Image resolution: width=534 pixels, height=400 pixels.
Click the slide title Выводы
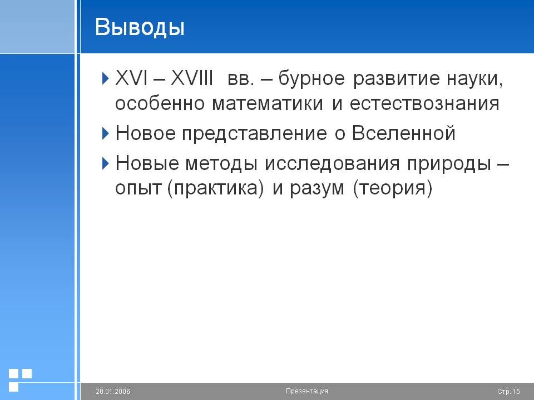(x=140, y=27)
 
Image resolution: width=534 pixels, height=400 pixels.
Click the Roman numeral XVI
(x=131, y=78)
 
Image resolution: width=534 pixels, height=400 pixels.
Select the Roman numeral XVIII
(x=192, y=78)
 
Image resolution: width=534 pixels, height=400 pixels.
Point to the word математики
(x=268, y=103)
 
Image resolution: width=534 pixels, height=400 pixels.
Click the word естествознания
(x=424, y=103)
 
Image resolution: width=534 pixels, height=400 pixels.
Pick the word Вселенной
(x=404, y=133)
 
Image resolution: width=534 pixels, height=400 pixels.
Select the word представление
(x=254, y=134)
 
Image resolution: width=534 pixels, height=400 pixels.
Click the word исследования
(x=332, y=163)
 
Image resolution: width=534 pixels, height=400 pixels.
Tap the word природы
(x=449, y=164)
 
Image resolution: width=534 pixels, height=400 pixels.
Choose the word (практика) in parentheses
(x=216, y=188)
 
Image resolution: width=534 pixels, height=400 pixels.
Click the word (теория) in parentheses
(x=393, y=188)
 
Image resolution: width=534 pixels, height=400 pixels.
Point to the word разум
(x=317, y=189)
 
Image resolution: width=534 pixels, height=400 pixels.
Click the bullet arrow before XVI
(x=106, y=78)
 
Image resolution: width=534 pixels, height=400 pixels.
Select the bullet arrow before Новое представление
(x=106, y=133)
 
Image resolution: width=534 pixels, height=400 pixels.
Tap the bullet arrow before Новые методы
(x=106, y=163)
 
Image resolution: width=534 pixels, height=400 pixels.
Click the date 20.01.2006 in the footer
(x=113, y=392)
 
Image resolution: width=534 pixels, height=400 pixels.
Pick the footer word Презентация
(x=307, y=391)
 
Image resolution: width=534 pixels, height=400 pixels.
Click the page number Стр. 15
(x=508, y=392)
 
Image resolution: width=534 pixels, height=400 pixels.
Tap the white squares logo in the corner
(x=20, y=380)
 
